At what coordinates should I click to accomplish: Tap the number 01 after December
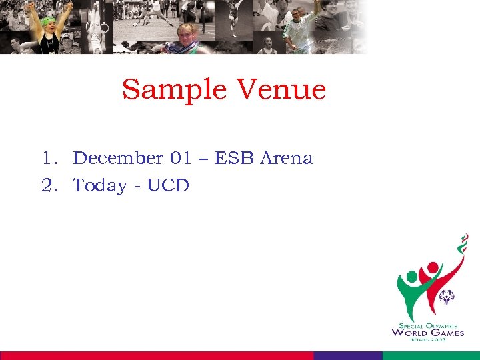point(180,159)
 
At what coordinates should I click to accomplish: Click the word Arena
point(286,159)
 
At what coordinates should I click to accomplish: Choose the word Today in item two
point(101,185)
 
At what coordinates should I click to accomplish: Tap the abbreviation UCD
point(168,185)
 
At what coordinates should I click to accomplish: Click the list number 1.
point(47,159)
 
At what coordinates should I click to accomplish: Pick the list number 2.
point(47,185)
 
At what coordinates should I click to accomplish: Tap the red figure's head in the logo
point(433,268)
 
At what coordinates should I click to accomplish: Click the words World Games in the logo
point(427,332)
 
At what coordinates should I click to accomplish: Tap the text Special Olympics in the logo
point(427,325)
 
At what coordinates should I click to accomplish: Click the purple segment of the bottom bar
point(347,355)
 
